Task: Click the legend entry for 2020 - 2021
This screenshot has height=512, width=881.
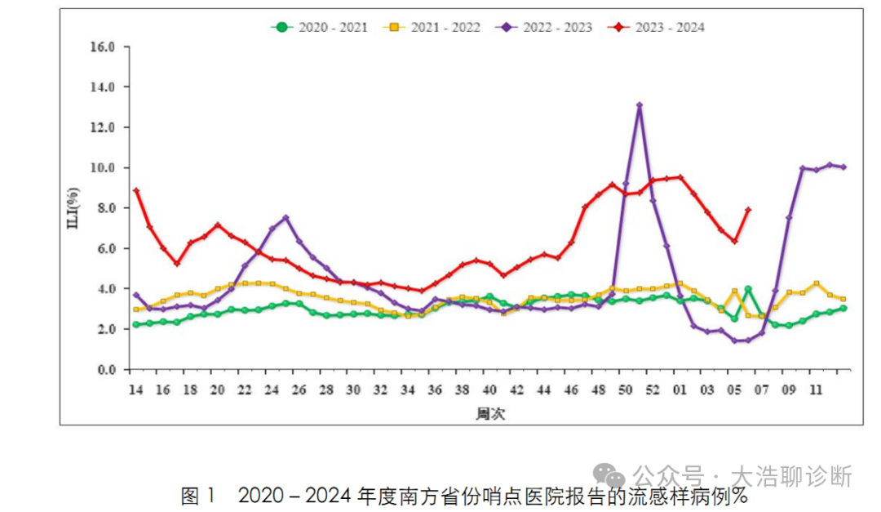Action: click(319, 27)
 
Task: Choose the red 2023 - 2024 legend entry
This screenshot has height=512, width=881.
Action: click(657, 27)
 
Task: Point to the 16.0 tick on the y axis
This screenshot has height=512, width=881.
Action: click(104, 47)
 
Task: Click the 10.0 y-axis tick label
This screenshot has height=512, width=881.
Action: click(104, 167)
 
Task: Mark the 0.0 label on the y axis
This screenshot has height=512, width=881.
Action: click(107, 370)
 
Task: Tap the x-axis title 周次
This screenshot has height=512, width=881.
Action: click(490, 414)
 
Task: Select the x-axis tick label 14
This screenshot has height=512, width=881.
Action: click(135, 390)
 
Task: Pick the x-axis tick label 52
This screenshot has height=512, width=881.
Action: click(653, 390)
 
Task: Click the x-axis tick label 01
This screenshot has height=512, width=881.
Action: click(680, 390)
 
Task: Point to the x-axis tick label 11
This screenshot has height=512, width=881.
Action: click(815, 390)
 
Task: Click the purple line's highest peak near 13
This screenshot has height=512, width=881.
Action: click(640, 105)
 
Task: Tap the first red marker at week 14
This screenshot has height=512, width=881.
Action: click(136, 191)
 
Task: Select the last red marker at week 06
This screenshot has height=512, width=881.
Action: click(748, 210)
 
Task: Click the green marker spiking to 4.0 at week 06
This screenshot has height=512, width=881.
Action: click(748, 289)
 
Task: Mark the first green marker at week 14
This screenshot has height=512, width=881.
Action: click(136, 325)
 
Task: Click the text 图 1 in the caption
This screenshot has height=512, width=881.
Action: click(200, 496)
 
